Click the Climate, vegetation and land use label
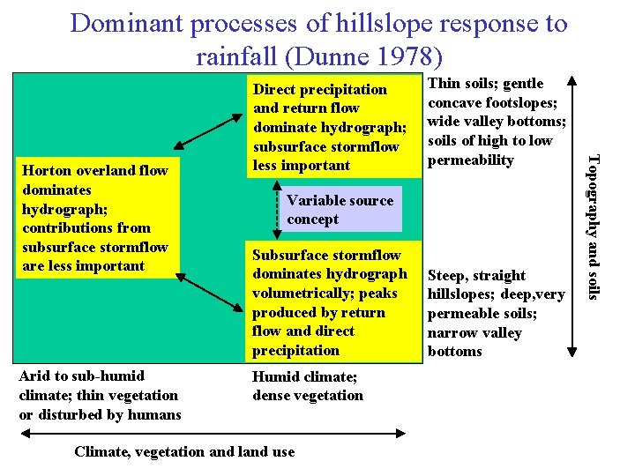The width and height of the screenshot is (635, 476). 184,452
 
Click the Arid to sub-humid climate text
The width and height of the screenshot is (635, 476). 99,395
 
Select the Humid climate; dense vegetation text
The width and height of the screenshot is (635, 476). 307,386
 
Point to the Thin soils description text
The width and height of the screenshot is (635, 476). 496,122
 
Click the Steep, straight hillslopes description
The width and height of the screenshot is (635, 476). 496,313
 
